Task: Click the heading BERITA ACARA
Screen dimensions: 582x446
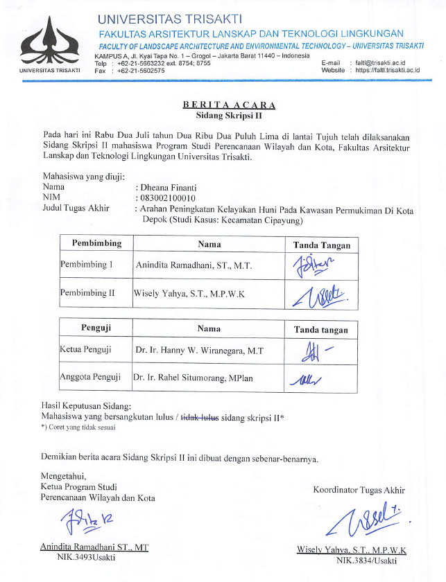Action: tap(229, 105)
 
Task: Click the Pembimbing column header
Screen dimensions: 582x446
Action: tap(96, 244)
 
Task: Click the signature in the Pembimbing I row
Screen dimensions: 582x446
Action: tap(313, 265)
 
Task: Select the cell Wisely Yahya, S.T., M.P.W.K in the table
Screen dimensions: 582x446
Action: tap(188, 293)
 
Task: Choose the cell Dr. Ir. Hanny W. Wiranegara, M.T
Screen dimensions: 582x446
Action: tap(199, 350)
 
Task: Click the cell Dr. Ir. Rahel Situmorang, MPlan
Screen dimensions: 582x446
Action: tap(198, 378)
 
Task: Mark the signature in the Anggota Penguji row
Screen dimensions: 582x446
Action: tap(309, 379)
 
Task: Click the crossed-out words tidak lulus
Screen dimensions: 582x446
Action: tap(200, 416)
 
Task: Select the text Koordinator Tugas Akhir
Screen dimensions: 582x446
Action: tap(359, 490)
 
